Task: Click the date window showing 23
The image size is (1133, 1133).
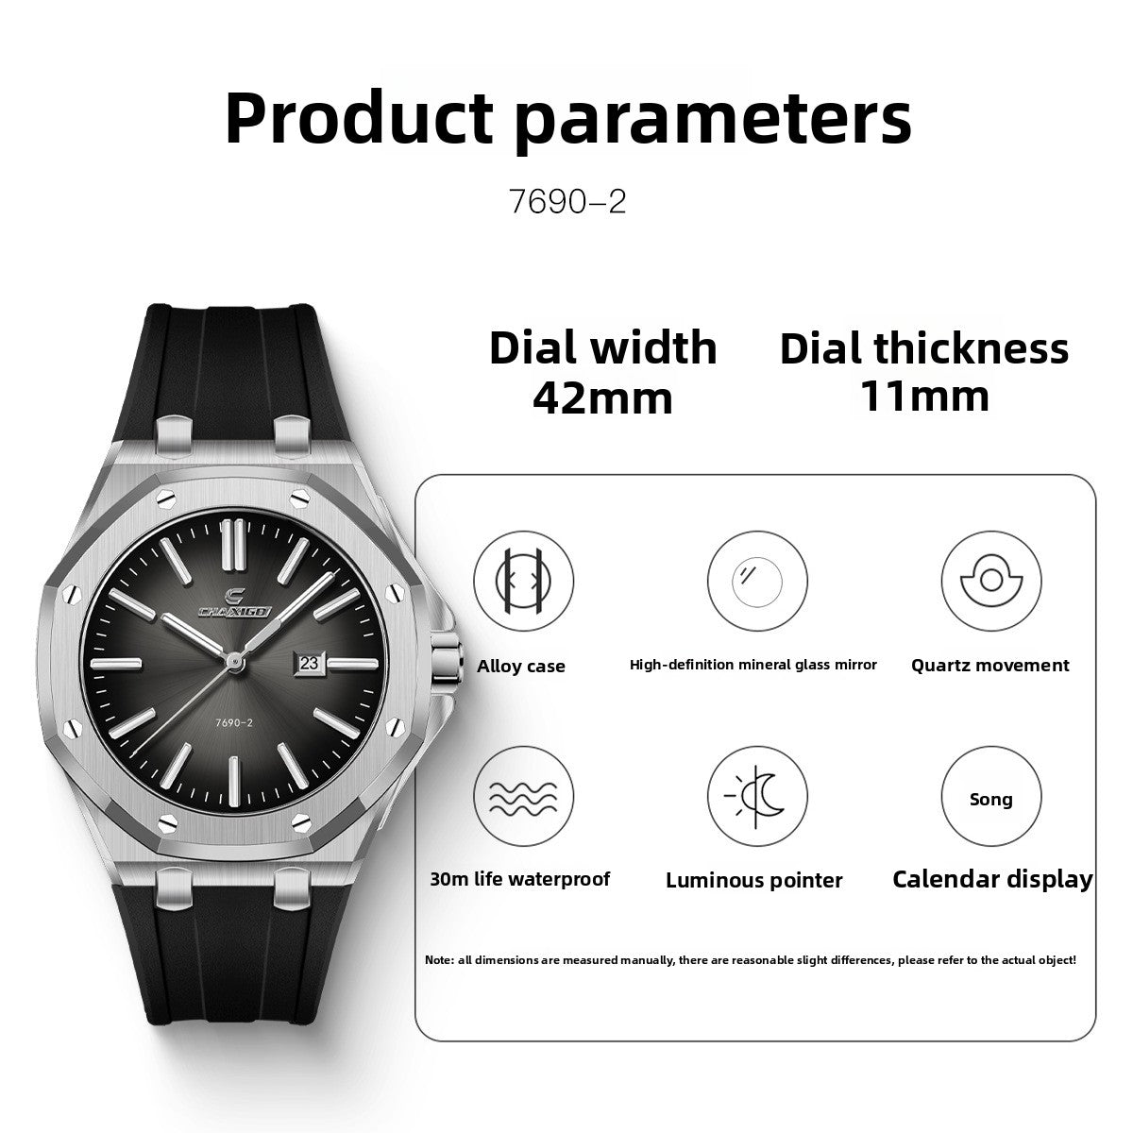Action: pos(310,663)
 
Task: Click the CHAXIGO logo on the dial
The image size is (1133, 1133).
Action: pos(236,604)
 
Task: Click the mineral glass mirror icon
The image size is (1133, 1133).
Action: pos(757,581)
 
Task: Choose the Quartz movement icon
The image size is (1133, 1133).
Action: pos(990,581)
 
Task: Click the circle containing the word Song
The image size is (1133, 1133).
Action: pos(990,798)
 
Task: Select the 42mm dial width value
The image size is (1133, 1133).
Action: pos(602,397)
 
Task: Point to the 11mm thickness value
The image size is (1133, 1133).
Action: pos(924,396)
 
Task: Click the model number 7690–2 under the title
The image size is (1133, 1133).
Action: pos(567,202)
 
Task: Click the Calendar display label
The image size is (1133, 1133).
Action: pos(992,879)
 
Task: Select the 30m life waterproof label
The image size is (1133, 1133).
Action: pos(519,879)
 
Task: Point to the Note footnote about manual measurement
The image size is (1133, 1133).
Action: pos(751,960)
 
